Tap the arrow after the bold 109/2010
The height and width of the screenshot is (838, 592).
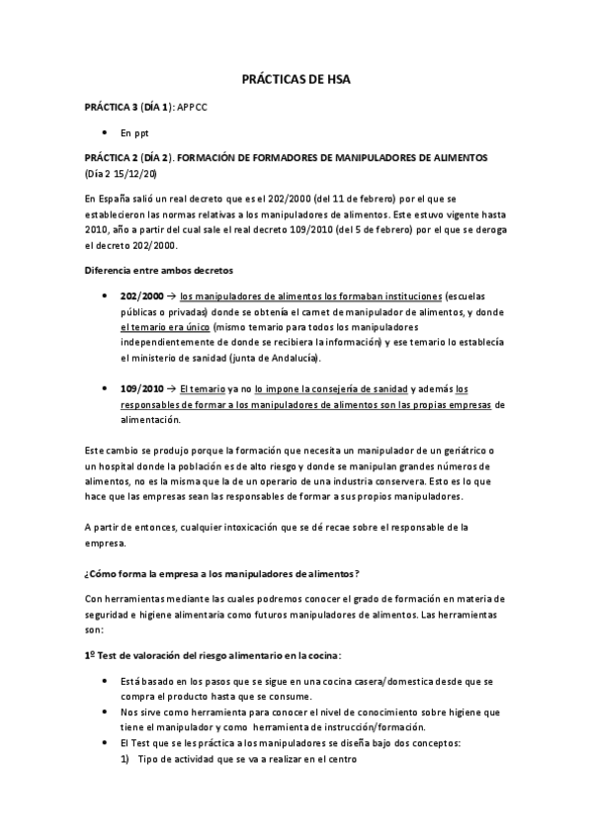[x=169, y=389]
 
